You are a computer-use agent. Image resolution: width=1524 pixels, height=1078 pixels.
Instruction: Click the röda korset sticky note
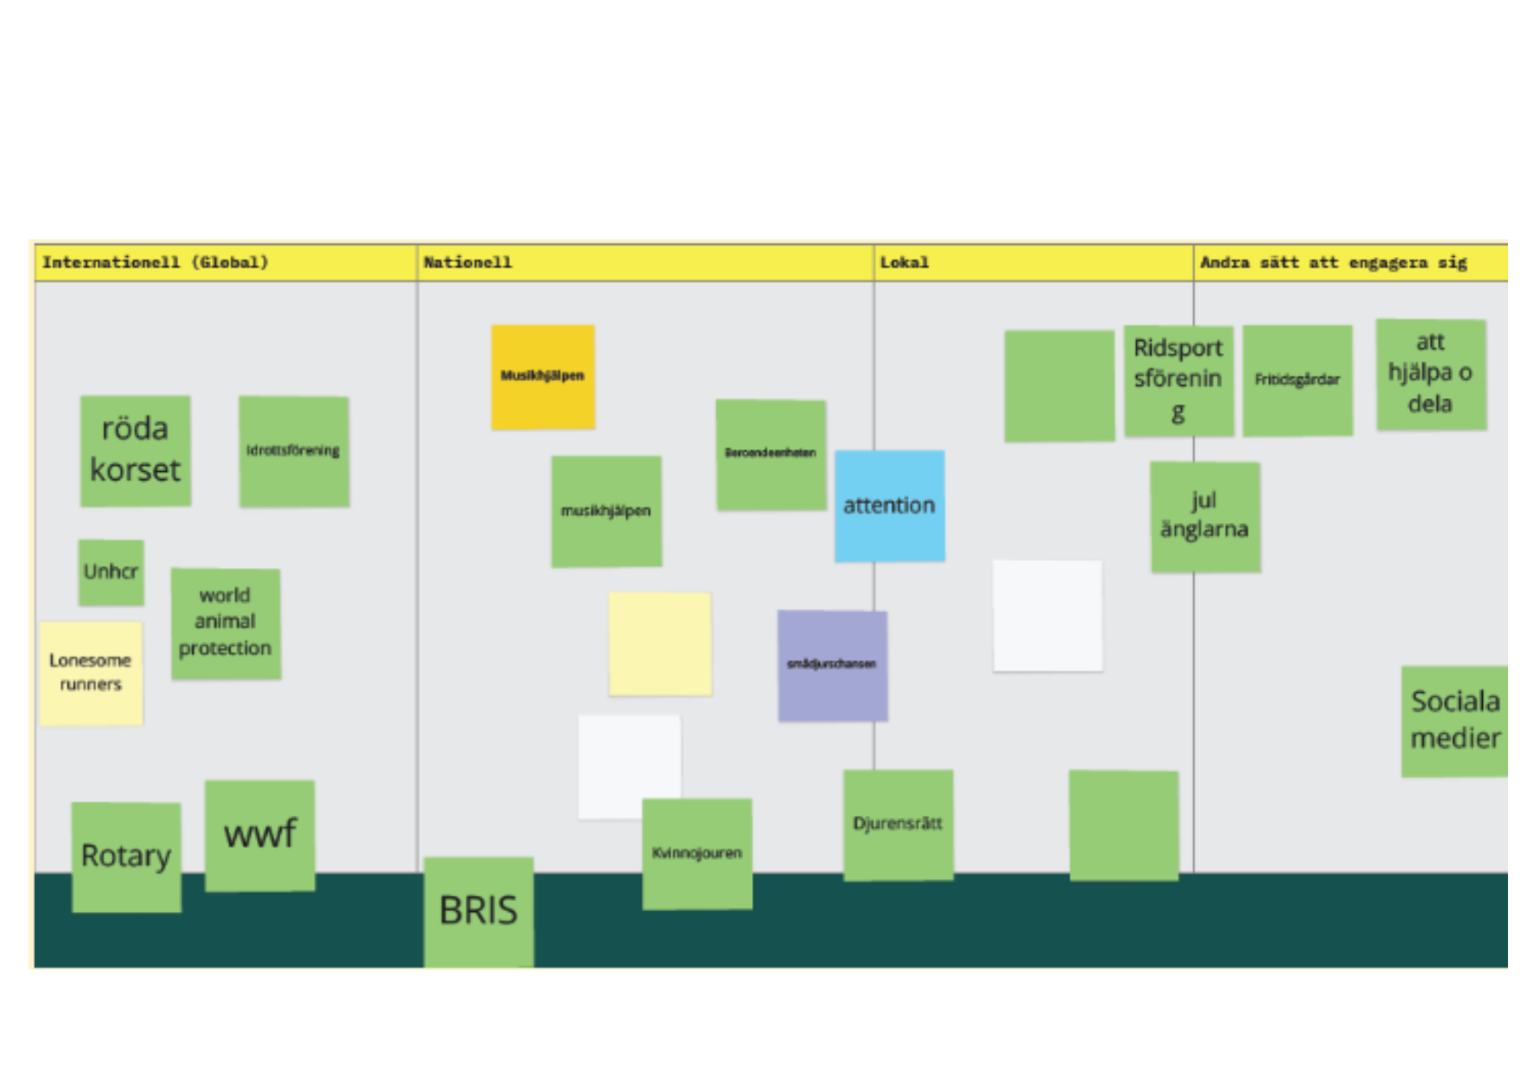point(136,451)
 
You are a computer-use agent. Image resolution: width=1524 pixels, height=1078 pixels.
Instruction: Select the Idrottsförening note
point(294,451)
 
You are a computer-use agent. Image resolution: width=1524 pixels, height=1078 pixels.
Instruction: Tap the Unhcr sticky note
point(111,573)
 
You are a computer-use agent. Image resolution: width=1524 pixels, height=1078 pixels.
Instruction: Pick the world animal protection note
point(226,623)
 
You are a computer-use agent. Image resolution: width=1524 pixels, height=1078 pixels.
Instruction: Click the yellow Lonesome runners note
point(91,672)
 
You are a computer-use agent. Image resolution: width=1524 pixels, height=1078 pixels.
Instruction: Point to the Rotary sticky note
point(126,856)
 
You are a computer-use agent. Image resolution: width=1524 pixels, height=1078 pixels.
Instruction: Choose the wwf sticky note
point(260,835)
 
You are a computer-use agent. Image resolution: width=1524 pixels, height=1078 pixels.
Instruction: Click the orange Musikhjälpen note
point(543,377)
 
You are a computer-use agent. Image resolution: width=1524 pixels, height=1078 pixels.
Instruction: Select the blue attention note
point(889,505)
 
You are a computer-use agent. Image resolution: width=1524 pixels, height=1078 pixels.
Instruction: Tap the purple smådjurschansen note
point(832,665)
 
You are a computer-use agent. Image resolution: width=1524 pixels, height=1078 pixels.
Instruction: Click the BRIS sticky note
point(479,911)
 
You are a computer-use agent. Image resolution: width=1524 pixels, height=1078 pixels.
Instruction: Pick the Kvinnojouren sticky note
point(697,853)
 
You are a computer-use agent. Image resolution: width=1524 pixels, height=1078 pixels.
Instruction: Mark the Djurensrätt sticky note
point(898,824)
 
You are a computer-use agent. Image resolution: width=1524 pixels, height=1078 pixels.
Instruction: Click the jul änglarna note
point(1205,516)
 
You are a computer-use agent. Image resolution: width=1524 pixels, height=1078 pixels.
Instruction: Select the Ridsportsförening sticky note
point(1178,380)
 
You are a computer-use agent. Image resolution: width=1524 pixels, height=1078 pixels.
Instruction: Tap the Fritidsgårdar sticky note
point(1298,380)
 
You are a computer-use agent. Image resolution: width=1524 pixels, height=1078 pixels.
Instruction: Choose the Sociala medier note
point(1454,720)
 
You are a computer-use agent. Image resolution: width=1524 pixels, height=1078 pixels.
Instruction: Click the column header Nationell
point(468,263)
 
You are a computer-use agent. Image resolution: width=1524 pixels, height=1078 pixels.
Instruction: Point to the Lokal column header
point(904,263)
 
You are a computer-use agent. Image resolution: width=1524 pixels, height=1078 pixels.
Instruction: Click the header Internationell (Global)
point(155,263)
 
